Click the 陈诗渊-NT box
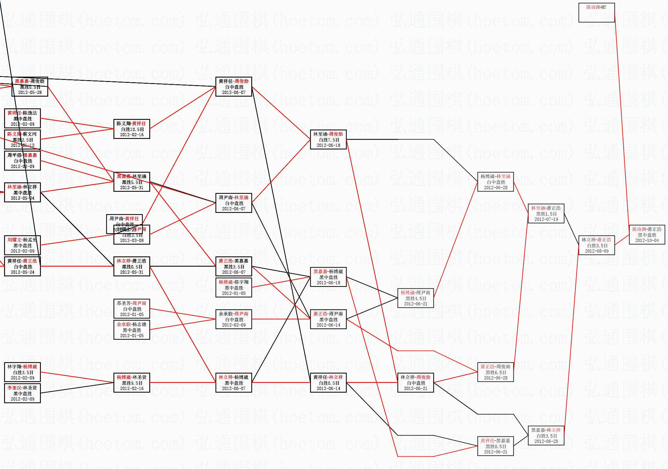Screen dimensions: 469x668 tap(596, 12)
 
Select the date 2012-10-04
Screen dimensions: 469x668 tap(647, 241)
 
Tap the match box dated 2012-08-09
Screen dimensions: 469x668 tap(596, 245)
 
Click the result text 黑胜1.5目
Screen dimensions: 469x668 tap(546, 214)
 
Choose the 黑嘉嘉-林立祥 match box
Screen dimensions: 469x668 tap(546, 436)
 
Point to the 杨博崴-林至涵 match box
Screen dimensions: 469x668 tap(495, 182)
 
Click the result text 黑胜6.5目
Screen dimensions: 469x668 tap(495, 372)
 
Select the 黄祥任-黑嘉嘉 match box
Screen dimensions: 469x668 tap(495, 446)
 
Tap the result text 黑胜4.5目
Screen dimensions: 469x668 tap(416, 298)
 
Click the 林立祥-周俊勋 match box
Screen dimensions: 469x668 tap(416, 383)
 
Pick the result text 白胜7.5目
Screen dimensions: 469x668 tap(329, 140)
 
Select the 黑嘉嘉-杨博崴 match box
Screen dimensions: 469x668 tap(328, 277)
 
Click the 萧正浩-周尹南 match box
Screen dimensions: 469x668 tap(328, 319)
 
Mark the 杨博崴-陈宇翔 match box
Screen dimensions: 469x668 tap(234, 288)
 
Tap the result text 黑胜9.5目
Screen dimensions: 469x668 tap(132, 383)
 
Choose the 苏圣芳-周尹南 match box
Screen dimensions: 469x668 tap(132, 309)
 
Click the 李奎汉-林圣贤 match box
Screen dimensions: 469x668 tap(22, 393)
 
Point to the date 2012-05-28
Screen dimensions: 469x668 tap(30, 93)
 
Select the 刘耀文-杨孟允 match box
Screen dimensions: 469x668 tap(22, 245)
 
